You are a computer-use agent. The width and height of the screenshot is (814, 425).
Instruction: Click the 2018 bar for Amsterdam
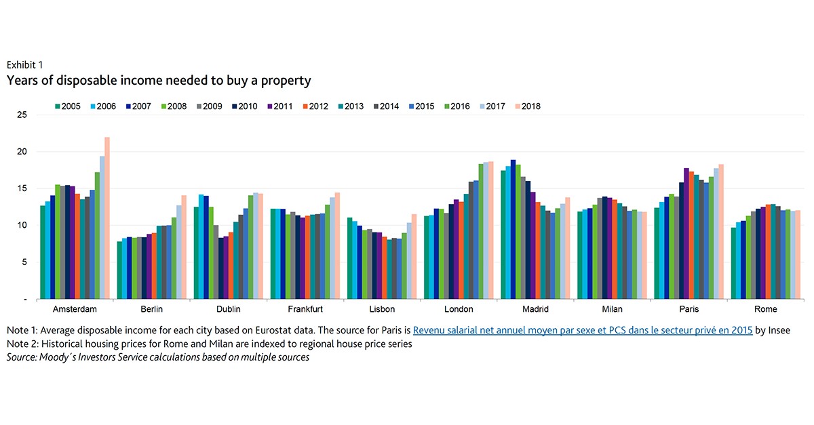107,218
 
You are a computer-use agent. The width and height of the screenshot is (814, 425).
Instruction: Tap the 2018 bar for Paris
721,231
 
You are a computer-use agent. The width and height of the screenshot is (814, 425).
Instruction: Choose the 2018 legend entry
526,106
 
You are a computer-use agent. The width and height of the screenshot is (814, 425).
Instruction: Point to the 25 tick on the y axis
22,115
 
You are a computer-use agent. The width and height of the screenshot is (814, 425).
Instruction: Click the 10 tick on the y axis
22,226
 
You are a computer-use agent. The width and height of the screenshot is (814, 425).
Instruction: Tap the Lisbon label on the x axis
382,309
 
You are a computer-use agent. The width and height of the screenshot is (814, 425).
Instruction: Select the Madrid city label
536,309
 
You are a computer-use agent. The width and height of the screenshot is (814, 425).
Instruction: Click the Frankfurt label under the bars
305,309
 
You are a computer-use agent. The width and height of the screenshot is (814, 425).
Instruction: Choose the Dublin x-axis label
228,309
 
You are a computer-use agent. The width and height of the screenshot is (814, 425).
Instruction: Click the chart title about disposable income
159,81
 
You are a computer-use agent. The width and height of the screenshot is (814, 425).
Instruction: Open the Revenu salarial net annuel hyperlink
583,330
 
